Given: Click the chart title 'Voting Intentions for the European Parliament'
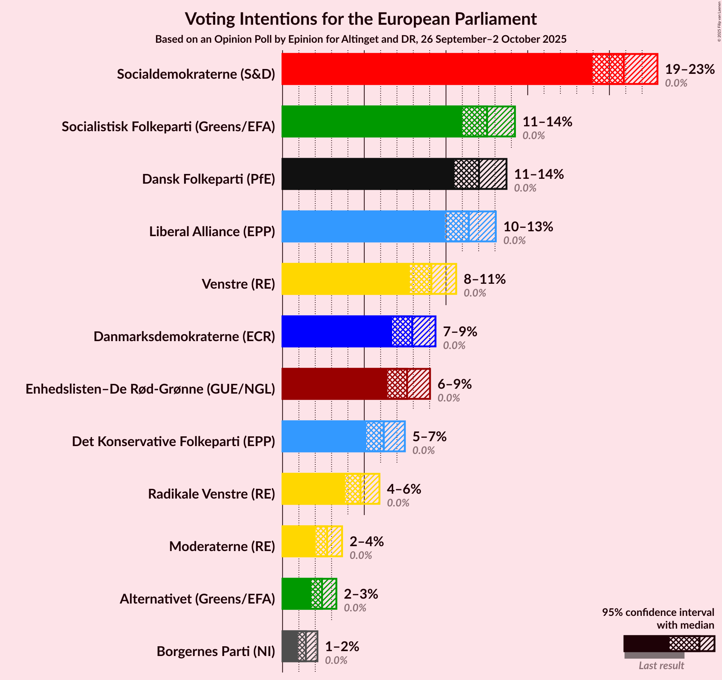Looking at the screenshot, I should pos(361,19).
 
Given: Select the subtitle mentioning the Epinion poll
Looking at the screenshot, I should pos(361,39).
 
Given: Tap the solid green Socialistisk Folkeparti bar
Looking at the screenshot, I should pos(371,121).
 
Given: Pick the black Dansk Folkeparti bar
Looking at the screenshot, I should pos(367,174).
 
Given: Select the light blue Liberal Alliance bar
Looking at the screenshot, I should pos(363,226).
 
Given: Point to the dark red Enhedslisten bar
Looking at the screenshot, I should pos(334,384).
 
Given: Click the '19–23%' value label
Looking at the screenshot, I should pos(690,69).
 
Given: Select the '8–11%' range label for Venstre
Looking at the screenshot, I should pos(485,279).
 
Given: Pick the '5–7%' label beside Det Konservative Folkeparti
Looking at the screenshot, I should pos(430,437).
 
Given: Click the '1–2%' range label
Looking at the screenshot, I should pos(342,647).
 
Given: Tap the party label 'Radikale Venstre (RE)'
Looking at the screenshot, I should pos(211,494).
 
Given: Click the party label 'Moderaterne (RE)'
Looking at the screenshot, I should pos(222,546).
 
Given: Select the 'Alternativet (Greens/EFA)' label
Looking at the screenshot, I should pos(197,599).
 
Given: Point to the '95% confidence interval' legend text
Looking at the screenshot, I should pos(658,612).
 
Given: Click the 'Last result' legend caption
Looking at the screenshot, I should pos(661,665).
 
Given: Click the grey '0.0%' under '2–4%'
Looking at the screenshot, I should pos(361,555).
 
